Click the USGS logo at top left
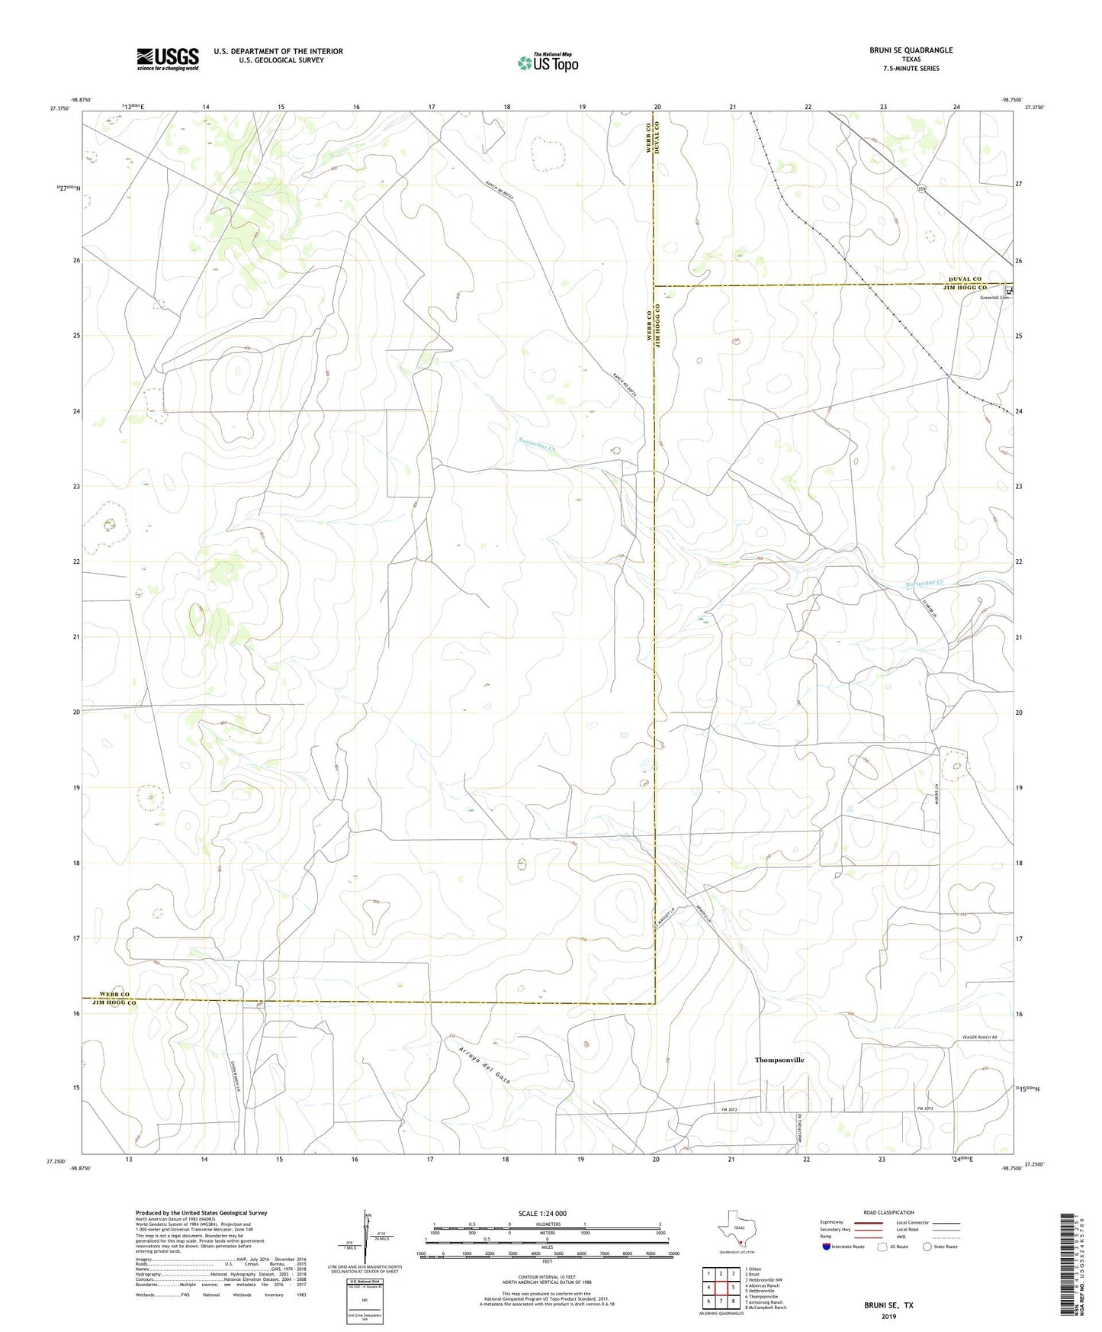168,59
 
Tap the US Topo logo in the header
548,63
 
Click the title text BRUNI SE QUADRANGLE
911,50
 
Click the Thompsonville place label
779,1060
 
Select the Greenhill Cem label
994,298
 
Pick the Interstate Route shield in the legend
827,1247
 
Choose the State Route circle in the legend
927,1247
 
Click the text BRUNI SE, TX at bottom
888,1305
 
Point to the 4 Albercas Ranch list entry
762,1285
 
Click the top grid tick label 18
506,108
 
